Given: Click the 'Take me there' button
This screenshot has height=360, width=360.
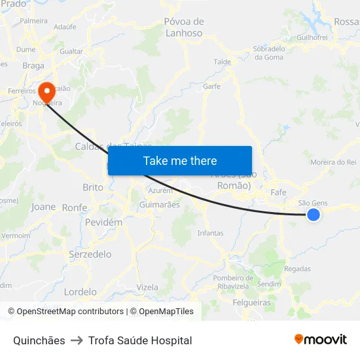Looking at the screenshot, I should coord(180,160).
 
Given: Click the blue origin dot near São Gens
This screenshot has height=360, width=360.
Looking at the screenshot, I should coord(314,215).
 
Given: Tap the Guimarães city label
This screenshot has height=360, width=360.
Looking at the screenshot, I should coord(160,205).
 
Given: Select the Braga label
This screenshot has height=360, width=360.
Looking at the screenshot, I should coord(33,65).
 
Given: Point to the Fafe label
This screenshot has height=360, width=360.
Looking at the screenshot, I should coord(278,192).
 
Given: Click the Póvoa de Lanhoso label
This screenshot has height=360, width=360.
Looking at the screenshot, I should coord(184,27).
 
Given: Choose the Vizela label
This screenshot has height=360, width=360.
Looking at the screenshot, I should coord(147,287).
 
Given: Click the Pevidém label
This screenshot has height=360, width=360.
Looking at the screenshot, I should coord(103,223).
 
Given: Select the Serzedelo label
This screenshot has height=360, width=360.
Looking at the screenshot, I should coord(90,254).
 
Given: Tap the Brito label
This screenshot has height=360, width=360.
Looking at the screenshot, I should coord(93,187).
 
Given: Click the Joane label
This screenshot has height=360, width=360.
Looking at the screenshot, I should coord(43,207).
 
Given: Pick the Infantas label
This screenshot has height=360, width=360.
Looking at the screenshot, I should coord(210,233).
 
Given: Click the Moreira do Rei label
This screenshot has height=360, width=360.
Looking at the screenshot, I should coord(333,162).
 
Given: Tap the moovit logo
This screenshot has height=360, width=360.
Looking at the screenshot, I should coord(321,340).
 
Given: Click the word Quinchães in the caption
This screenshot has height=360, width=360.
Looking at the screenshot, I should coord(39,340).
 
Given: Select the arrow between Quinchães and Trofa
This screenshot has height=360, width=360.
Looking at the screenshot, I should coord(77,340).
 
